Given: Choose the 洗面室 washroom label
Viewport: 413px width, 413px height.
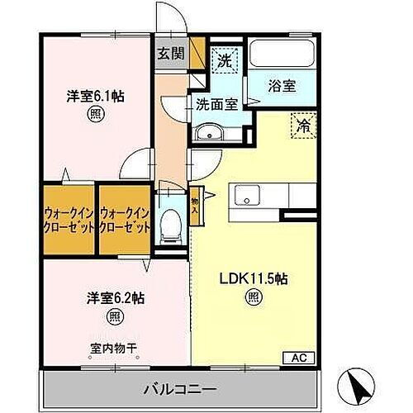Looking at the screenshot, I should (x=217, y=105).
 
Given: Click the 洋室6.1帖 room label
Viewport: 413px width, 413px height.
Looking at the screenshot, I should (x=95, y=95).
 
